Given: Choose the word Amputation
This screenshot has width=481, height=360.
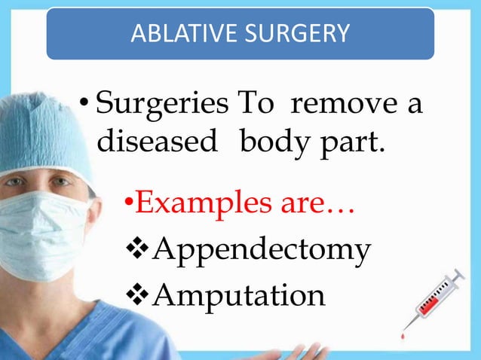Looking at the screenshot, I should pyautogui.click(x=239, y=294).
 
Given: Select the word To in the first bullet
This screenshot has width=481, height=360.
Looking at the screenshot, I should pyautogui.click(x=256, y=104).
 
